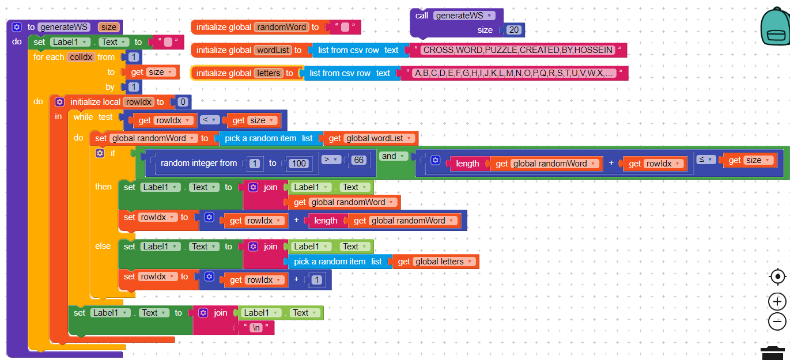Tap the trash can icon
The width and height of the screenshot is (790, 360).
click(772, 353)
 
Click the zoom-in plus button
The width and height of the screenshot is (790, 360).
click(777, 301)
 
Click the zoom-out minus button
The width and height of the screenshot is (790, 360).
click(777, 321)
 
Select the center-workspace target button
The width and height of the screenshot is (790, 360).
click(777, 277)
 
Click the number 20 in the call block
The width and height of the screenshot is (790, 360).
click(515, 30)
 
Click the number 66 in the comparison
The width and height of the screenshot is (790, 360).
click(359, 160)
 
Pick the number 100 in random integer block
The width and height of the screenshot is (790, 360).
click(298, 164)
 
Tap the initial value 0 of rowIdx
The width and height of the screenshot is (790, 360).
click(183, 103)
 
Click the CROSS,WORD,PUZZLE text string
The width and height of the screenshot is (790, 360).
click(517, 50)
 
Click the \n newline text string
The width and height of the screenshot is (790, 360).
click(256, 328)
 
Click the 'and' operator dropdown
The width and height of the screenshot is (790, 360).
click(394, 157)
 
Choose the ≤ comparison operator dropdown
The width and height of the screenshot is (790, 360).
click(706, 160)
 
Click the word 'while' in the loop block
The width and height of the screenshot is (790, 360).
click(83, 117)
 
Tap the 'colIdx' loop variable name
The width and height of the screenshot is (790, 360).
click(81, 57)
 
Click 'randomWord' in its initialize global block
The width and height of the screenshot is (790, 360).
click(281, 27)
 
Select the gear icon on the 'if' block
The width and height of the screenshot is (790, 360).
click(100, 153)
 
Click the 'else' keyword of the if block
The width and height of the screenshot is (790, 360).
click(103, 246)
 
